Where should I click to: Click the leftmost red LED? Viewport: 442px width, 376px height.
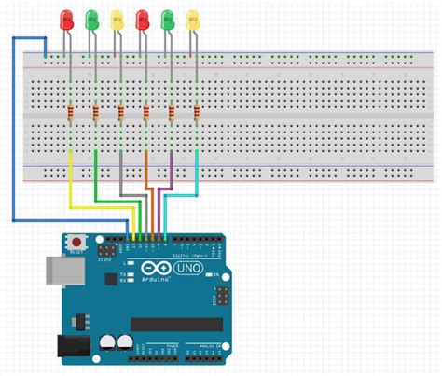click(66, 18)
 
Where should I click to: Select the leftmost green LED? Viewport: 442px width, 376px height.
click(91, 18)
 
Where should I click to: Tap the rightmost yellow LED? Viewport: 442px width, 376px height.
click(193, 18)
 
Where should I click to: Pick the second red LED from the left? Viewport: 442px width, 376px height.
click(143, 18)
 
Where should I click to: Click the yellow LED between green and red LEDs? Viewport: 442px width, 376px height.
click(117, 18)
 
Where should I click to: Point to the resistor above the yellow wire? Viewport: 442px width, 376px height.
click(72, 114)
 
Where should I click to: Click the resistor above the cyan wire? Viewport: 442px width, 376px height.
click(197, 114)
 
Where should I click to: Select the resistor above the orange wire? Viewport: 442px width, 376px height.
click(147, 114)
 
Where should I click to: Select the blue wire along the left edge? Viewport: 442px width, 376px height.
click(12, 131)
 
